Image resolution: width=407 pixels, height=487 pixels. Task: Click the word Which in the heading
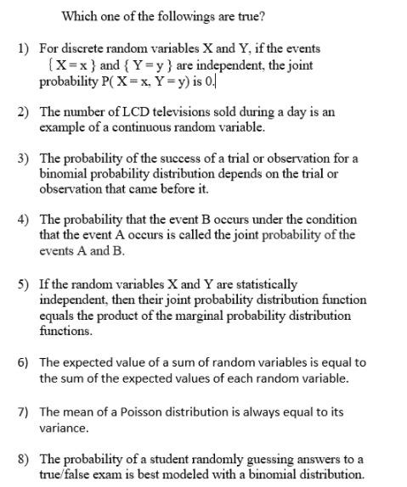pyautogui.click(x=79, y=16)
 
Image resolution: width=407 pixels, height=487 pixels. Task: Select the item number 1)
pyautogui.click(x=23, y=50)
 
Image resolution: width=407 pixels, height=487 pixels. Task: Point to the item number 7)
pyautogui.click(x=23, y=411)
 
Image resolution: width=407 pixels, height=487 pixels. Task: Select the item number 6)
pyautogui.click(x=23, y=362)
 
